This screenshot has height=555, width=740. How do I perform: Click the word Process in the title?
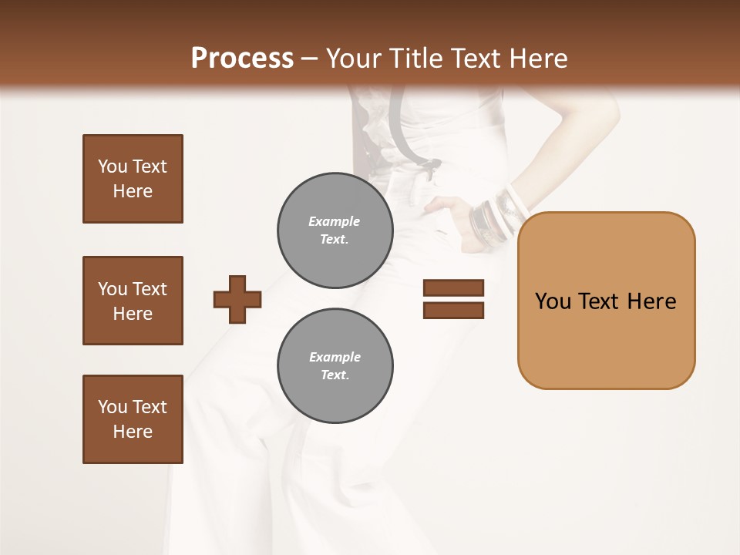pyautogui.click(x=242, y=59)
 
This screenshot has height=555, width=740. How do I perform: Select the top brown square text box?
pyautogui.click(x=133, y=179)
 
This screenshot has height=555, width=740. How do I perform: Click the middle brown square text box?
pyautogui.click(x=133, y=301)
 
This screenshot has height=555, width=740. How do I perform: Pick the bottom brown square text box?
pyautogui.click(x=133, y=419)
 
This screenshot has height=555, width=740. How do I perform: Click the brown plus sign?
pyautogui.click(x=237, y=299)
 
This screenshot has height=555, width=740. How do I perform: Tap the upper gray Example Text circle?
pyautogui.click(x=335, y=230)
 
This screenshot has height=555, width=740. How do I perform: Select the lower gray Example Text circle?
pyautogui.click(x=335, y=365)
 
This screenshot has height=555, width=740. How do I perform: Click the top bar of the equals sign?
pyautogui.click(x=453, y=288)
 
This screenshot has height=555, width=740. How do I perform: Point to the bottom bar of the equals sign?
pyautogui.click(x=453, y=311)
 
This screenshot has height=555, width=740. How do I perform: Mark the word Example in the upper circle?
pyautogui.click(x=334, y=221)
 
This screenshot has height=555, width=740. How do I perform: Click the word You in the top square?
pyautogui.click(x=111, y=166)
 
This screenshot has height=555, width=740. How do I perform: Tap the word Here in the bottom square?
pyautogui.click(x=133, y=432)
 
